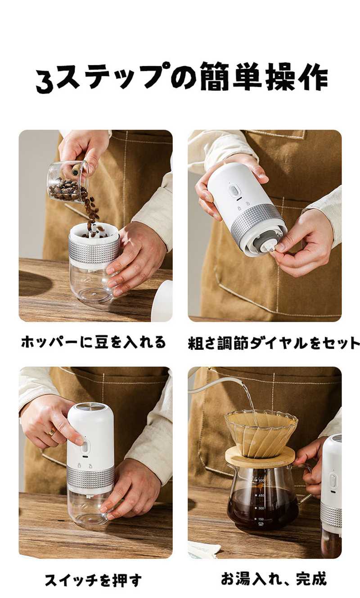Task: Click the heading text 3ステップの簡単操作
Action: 181,77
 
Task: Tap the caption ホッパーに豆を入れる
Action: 93,342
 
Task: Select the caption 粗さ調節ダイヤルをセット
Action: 274,343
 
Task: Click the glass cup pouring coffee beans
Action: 68,182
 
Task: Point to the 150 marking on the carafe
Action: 261,519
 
